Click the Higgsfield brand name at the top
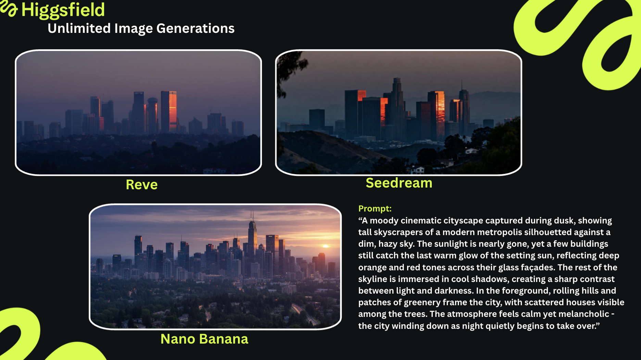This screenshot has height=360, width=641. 63,10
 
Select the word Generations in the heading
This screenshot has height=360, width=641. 196,28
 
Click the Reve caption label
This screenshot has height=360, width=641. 142,185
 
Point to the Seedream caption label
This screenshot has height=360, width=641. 399,183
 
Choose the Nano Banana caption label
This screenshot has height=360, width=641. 204,339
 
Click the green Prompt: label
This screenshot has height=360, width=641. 375,209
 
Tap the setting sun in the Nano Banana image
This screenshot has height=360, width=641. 326,246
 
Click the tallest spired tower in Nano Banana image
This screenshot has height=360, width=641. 252,236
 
